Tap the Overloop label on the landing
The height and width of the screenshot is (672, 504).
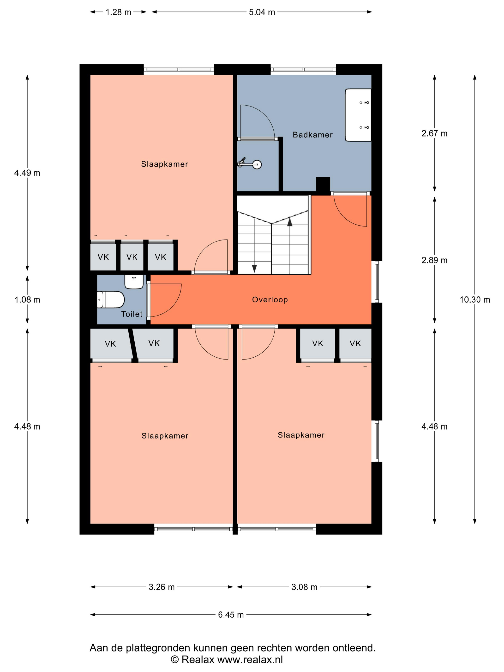click(270, 300)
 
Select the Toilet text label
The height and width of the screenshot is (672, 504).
click(132, 314)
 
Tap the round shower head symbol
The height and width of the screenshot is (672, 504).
click(257, 165)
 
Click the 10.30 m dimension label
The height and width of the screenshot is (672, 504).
click(474, 300)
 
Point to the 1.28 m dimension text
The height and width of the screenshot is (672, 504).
click(118, 12)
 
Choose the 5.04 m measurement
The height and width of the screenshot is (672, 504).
click(262, 12)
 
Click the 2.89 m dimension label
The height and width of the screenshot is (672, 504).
click(434, 260)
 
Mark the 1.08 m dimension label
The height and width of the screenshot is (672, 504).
click(27, 300)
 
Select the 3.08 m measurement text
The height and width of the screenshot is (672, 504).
click(304, 587)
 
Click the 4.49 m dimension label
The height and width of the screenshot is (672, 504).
click(27, 173)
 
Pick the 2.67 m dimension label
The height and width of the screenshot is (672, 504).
click(434, 133)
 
